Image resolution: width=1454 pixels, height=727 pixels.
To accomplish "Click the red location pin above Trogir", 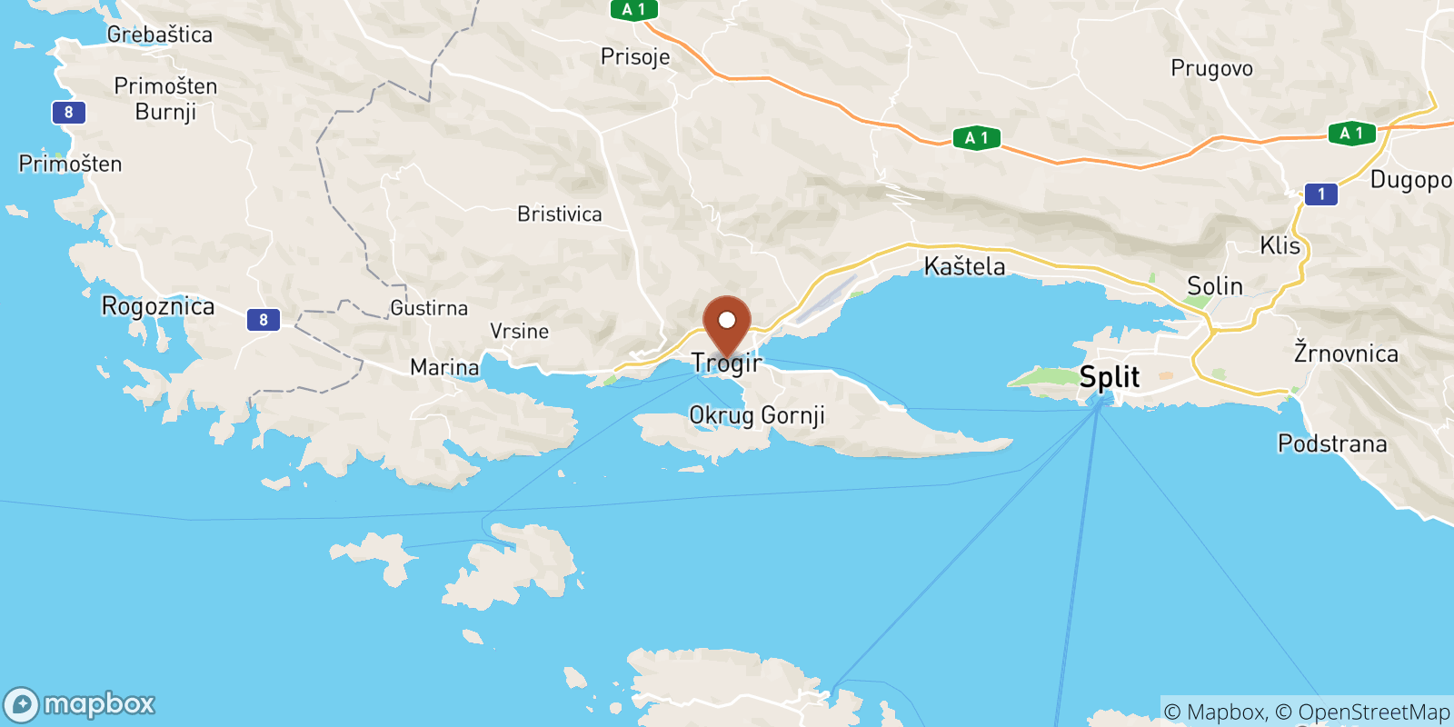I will click(x=727, y=323).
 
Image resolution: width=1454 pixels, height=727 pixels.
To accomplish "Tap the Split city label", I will click(x=1109, y=377).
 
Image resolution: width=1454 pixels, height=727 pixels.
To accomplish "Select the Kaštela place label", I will click(x=964, y=266).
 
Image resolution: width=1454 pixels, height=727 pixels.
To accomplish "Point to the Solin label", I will click(x=1214, y=286).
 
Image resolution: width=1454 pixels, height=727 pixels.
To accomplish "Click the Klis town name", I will click(x=1280, y=245).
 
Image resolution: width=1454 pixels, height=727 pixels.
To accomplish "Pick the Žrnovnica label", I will click(x=1346, y=353).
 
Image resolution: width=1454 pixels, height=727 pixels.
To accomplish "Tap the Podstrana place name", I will click(x=1332, y=443).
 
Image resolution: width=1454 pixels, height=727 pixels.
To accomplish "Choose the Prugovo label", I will click(x=1211, y=68).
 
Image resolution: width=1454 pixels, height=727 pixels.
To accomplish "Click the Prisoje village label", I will click(x=635, y=56).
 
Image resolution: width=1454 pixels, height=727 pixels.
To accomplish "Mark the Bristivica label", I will click(x=560, y=214).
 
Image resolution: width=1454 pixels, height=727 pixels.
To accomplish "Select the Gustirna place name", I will click(x=429, y=308).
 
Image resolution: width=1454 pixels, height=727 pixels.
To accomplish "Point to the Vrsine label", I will click(x=520, y=332).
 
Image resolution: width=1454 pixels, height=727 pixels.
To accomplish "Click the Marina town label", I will click(x=444, y=367).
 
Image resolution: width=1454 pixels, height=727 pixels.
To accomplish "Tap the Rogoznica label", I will click(x=158, y=306).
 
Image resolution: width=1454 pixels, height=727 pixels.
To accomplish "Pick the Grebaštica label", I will click(x=160, y=35).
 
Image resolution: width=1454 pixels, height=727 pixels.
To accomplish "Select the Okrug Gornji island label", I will click(x=757, y=415).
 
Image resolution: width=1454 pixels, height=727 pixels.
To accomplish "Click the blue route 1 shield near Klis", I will click(x=1321, y=194).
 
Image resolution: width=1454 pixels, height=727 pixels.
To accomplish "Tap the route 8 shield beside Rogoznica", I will click(x=264, y=319).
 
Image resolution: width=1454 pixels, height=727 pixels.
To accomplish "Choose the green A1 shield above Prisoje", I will click(x=633, y=10).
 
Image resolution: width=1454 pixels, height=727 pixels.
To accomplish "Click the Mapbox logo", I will click(x=80, y=704).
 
